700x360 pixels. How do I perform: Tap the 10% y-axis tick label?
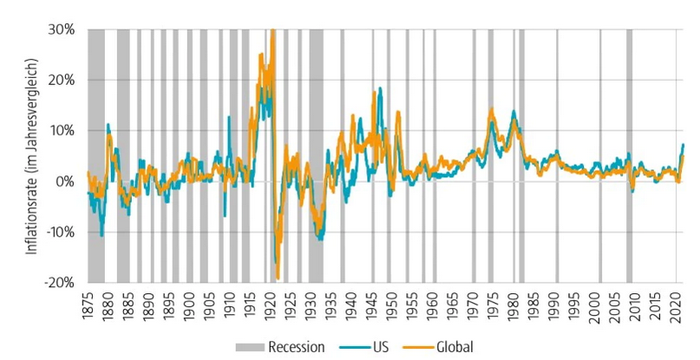tap(65, 130)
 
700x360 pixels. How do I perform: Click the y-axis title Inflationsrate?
tap(32, 156)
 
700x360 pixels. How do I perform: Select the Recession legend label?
tap(297, 347)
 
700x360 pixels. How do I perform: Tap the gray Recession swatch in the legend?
tap(249, 347)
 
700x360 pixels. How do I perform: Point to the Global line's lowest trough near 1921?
tap(278, 278)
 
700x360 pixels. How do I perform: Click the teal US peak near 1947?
tap(379, 88)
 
